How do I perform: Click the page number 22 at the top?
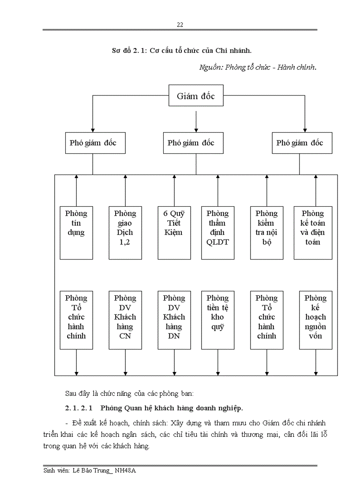180,25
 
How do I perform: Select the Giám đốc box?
196,96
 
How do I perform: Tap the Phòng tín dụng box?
76,232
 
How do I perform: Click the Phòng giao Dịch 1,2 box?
125,232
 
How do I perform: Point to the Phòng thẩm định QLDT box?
217,232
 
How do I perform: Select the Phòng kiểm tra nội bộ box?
266,232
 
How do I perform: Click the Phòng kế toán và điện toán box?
315,232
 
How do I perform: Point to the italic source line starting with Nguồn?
258,67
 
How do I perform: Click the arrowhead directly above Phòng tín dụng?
76,177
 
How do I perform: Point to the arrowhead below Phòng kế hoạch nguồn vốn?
315,373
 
